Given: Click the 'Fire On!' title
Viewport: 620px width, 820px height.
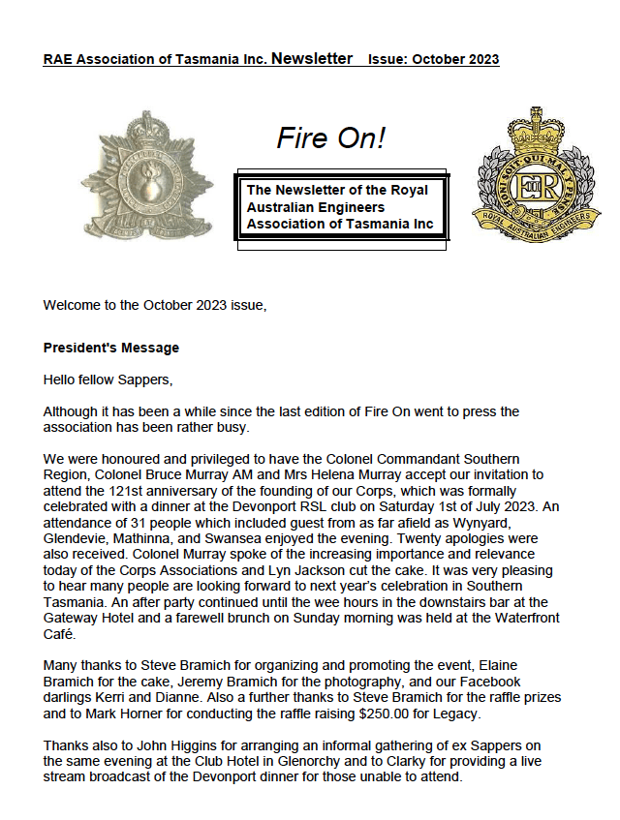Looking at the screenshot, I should coord(330,138).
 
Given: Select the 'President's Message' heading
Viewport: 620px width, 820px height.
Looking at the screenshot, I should coord(111,348).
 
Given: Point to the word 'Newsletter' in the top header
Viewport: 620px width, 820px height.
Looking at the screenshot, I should coord(312,59).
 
